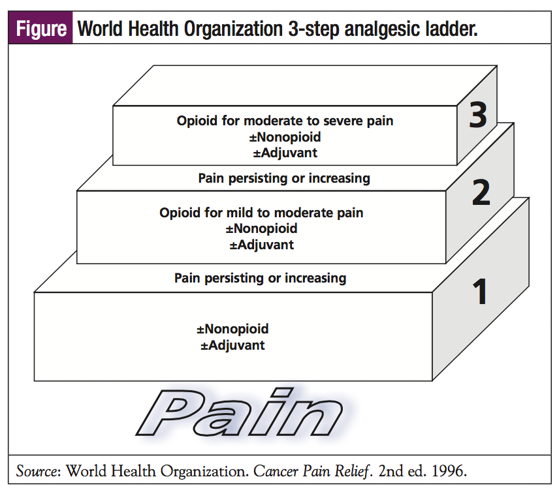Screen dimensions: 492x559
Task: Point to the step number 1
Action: tap(481, 292)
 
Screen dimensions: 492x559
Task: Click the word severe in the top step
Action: tap(353, 121)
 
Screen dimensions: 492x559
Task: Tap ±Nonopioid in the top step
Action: tap(285, 137)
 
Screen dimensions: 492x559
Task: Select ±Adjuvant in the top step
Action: tap(285, 153)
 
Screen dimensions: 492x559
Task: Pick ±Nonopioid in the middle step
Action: tap(261, 229)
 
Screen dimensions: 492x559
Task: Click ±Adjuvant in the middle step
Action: tap(261, 245)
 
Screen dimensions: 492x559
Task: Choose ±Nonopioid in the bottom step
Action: tap(232, 329)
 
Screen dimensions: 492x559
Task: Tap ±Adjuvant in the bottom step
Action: tap(232, 345)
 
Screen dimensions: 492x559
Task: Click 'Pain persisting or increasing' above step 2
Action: tap(284, 178)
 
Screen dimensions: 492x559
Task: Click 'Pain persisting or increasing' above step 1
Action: tap(260, 278)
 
